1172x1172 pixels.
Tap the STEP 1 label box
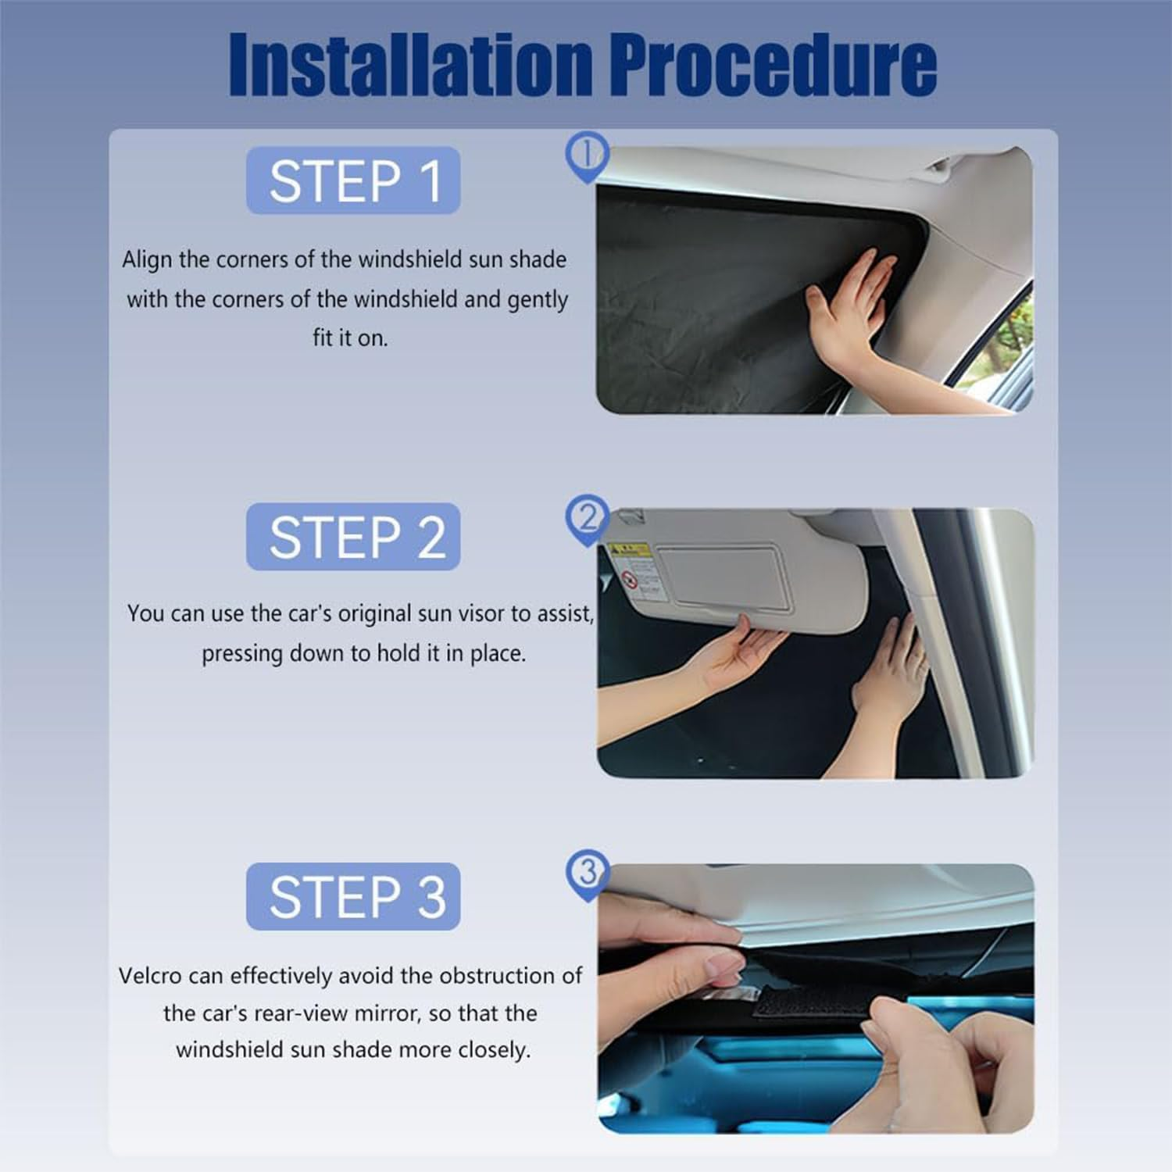(353, 180)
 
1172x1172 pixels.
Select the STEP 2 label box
(353, 537)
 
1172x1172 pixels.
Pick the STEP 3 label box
(353, 896)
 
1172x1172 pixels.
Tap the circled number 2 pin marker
(586, 517)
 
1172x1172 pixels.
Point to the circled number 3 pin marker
(587, 873)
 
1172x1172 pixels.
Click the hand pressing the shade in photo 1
(856, 305)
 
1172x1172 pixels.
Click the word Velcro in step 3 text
(150, 976)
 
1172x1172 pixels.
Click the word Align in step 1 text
(147, 259)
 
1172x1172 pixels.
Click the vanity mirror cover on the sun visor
(723, 576)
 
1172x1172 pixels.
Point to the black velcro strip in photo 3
(813, 1002)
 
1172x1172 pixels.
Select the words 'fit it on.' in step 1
(350, 338)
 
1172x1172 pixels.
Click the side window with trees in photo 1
(1008, 344)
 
